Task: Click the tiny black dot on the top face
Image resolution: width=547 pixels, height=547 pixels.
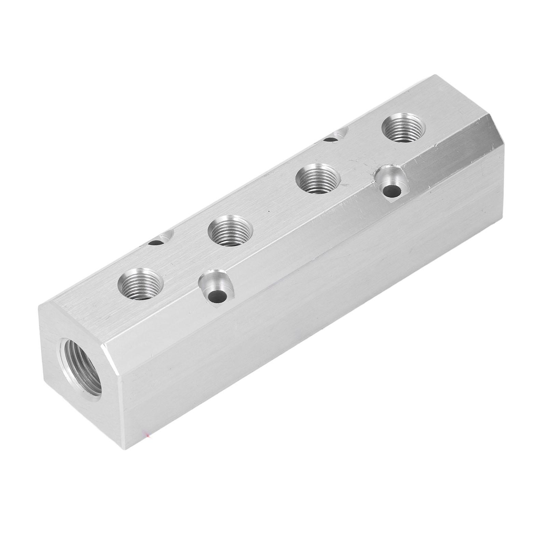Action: [x=269, y=211]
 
